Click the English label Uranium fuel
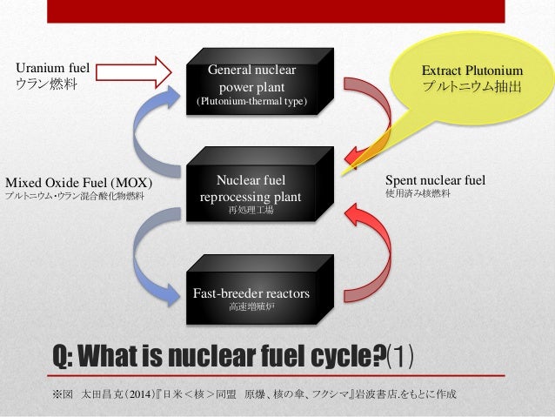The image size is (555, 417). pyautogui.click(x=54, y=67)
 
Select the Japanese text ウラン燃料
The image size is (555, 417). pyautogui.click(x=44, y=84)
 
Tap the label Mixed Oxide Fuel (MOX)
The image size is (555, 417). pyautogui.click(x=79, y=183)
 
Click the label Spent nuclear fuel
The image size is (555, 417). pyautogui.click(x=435, y=180)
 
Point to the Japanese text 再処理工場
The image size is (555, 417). pyautogui.click(x=251, y=211)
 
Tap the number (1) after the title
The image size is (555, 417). pyautogui.click(x=402, y=355)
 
